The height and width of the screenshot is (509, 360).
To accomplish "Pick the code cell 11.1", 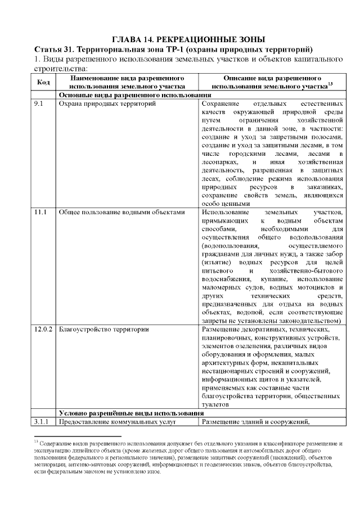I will [40, 213].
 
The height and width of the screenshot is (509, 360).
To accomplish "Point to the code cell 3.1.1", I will [42, 422].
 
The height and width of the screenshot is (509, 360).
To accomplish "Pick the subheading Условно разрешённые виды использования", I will [131, 413].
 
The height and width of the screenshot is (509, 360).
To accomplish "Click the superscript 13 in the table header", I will [330, 84].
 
